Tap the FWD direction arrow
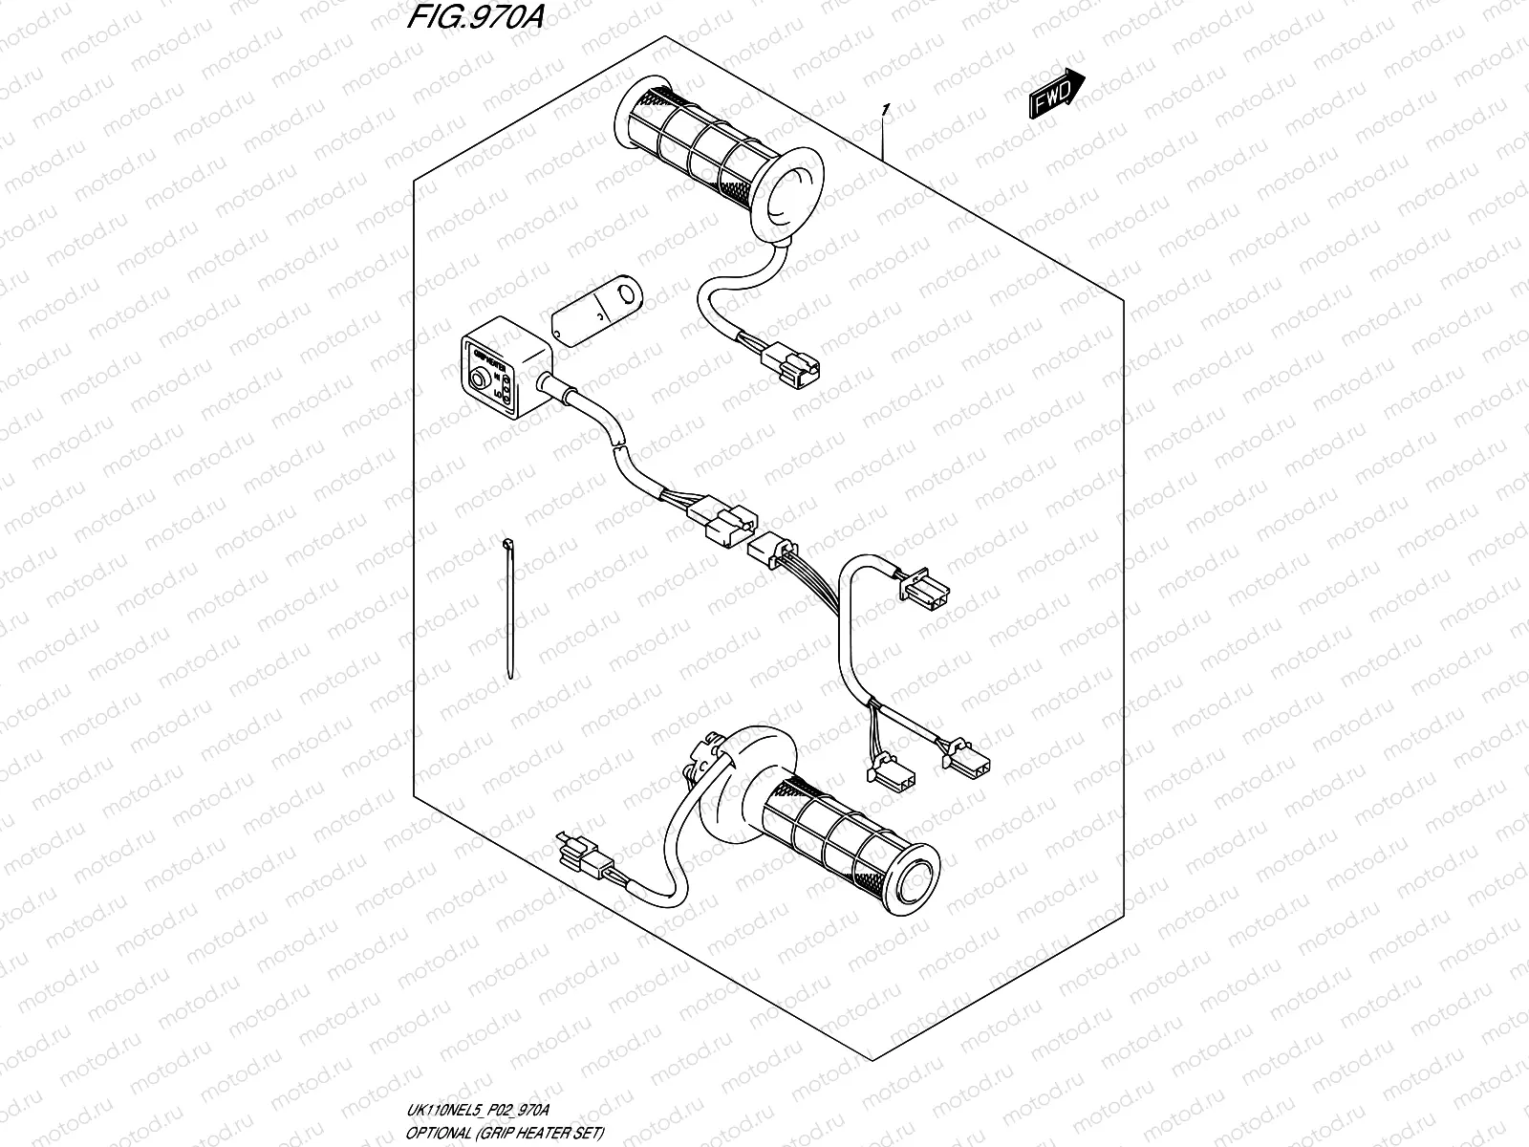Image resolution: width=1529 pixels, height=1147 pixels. (x=1056, y=94)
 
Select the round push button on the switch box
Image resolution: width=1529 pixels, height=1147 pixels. (x=476, y=379)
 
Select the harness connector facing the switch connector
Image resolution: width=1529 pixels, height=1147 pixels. (x=770, y=549)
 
